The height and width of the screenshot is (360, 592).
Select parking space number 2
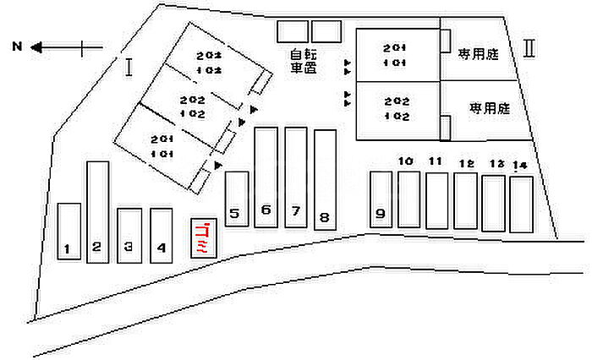[x=98, y=213]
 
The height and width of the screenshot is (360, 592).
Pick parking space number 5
[x=238, y=199]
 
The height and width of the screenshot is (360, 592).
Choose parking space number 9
[x=381, y=199]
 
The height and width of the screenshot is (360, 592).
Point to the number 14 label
[x=519, y=165]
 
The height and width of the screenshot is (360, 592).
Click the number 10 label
[x=405, y=161]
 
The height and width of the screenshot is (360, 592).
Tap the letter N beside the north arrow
[x=16, y=47]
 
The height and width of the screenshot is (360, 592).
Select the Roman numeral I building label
[x=129, y=67]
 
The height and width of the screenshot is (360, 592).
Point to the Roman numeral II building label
[x=529, y=47]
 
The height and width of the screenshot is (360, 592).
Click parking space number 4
[x=162, y=236]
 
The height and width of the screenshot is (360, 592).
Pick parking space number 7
[x=295, y=177]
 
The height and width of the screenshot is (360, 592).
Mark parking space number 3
[x=129, y=236]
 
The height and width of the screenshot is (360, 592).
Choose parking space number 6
[x=266, y=177]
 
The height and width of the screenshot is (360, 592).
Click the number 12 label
[x=465, y=163]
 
